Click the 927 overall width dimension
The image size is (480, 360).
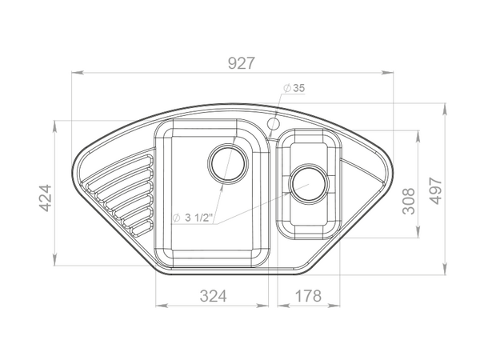(242, 63)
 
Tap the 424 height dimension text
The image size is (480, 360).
(46, 198)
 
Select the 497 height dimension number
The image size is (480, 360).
(436, 190)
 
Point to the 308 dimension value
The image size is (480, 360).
(409, 201)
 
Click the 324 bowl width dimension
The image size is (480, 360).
(214, 296)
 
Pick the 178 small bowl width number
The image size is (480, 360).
(308, 296)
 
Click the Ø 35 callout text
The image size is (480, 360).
(294, 88)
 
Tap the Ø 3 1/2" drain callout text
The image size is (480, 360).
(193, 218)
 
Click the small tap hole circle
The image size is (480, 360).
(274, 124)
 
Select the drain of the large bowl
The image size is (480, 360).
(227, 162)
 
